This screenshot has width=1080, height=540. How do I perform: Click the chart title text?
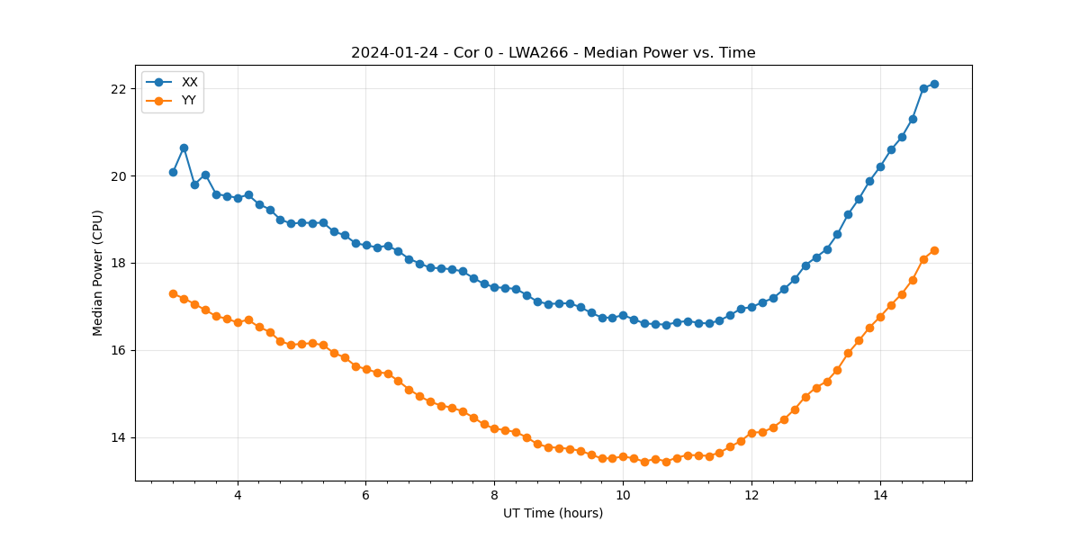point(553,53)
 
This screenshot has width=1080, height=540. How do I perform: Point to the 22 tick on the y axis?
point(119,89)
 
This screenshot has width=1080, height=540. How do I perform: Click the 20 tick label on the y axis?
point(119,176)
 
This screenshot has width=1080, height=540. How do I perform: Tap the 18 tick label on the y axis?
point(119,264)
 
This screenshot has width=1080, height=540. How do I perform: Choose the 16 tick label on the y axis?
point(119,351)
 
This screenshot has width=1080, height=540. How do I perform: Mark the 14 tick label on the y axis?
point(119,438)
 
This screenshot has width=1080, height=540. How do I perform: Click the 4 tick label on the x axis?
point(238,495)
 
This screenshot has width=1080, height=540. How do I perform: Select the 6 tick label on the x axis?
point(365,495)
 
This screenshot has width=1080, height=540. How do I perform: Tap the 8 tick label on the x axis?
point(494,495)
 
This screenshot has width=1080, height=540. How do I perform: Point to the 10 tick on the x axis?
point(623,495)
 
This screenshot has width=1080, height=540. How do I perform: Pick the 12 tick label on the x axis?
point(751,495)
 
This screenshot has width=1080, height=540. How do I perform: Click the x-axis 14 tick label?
point(879,495)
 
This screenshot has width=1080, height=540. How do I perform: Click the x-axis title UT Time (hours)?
point(553,514)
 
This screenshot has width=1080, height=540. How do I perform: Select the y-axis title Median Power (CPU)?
point(98,273)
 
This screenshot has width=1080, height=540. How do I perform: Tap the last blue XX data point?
point(934,84)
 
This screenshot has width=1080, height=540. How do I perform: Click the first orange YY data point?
point(173,293)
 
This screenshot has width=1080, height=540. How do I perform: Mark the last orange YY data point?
point(934,250)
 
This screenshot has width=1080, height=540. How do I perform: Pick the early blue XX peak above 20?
point(184,148)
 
